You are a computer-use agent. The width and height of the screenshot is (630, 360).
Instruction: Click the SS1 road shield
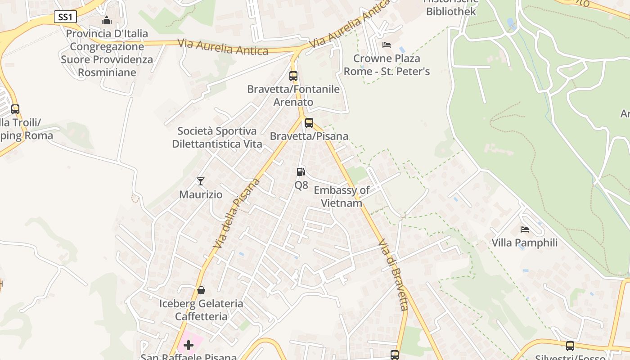(x=65, y=17)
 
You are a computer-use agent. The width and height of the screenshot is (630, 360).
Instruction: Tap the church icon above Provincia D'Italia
(x=107, y=20)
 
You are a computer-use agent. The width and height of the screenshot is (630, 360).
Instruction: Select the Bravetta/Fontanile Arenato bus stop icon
(x=293, y=76)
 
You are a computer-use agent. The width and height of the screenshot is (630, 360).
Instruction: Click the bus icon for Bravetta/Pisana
(x=309, y=122)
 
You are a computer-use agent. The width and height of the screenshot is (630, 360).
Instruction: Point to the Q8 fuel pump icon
(x=301, y=171)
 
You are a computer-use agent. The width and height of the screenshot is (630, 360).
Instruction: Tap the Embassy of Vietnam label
(x=342, y=197)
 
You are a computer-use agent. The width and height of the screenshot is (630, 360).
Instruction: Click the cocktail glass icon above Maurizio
(x=201, y=181)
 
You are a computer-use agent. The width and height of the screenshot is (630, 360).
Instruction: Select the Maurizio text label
(x=201, y=195)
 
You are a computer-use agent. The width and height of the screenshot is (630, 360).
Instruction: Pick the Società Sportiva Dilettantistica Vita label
(x=217, y=138)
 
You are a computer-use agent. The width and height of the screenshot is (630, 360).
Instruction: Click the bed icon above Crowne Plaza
(x=387, y=45)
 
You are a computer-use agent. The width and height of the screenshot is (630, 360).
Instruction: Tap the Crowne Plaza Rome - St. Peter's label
(x=387, y=65)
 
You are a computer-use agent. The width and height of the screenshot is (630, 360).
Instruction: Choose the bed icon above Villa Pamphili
(x=525, y=229)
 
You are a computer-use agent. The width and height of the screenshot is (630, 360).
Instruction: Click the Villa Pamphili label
(x=524, y=243)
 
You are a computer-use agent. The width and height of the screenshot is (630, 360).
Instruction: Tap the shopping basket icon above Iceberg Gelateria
(x=201, y=290)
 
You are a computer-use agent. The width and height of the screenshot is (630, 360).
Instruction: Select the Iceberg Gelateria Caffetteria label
(x=201, y=310)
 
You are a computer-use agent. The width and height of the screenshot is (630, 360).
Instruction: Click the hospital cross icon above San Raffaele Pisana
(x=189, y=345)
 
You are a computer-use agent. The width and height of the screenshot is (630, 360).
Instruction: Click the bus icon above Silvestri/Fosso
(x=570, y=346)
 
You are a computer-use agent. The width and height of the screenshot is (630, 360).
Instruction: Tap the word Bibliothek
(x=451, y=12)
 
